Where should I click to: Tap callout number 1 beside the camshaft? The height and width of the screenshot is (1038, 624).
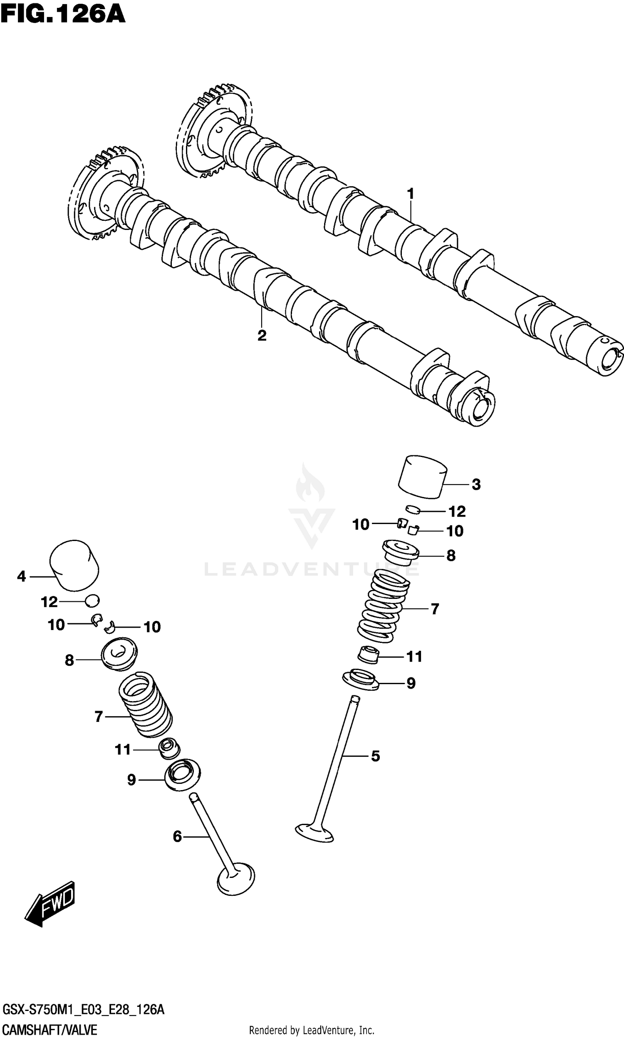click(x=411, y=194)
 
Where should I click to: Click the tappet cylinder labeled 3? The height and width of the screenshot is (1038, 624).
click(x=422, y=477)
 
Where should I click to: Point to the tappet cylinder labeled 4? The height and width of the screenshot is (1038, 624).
click(x=74, y=565)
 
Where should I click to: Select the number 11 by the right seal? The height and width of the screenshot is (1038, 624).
click(x=414, y=656)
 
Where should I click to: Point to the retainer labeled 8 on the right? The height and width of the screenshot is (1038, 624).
click(x=400, y=552)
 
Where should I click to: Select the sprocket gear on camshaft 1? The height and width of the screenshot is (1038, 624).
click(x=212, y=130)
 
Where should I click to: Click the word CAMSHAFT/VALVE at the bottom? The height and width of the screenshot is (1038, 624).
click(x=50, y=1030)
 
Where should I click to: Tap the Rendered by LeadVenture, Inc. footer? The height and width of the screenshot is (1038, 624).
click(x=312, y=1030)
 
